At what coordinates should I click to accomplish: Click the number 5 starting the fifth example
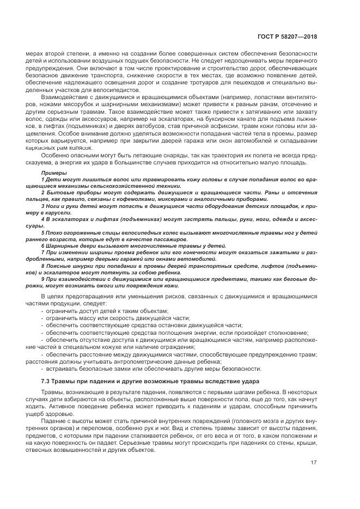tap(42, 232)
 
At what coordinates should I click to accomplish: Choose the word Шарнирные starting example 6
tap(64, 246)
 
